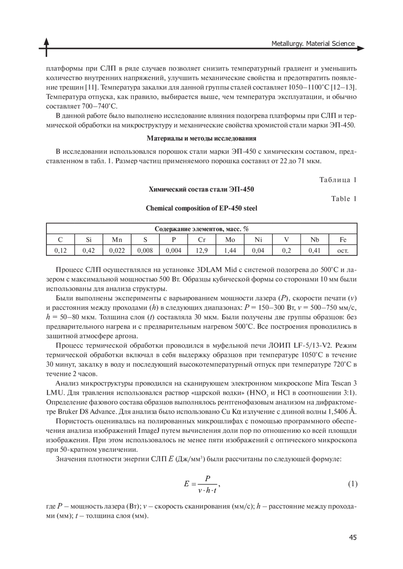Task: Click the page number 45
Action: [x=353, y=537]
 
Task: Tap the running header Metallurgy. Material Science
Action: [x=313, y=44]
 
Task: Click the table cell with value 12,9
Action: [x=201, y=250]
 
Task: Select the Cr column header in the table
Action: [x=201, y=239]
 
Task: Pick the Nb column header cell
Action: [x=315, y=239]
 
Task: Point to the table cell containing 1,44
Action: [x=230, y=250]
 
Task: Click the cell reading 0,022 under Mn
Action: [x=117, y=250]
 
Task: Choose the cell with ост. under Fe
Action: [x=343, y=250]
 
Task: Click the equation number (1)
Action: [x=352, y=484]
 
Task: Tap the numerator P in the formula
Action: [x=208, y=478]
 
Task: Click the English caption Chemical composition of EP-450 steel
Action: [x=201, y=208]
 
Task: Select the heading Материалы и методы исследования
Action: [x=201, y=138]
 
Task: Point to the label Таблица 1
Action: [x=338, y=180]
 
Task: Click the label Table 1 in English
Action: [x=344, y=199]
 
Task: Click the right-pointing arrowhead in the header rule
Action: [x=361, y=49]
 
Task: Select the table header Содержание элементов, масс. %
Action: [x=201, y=229]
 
